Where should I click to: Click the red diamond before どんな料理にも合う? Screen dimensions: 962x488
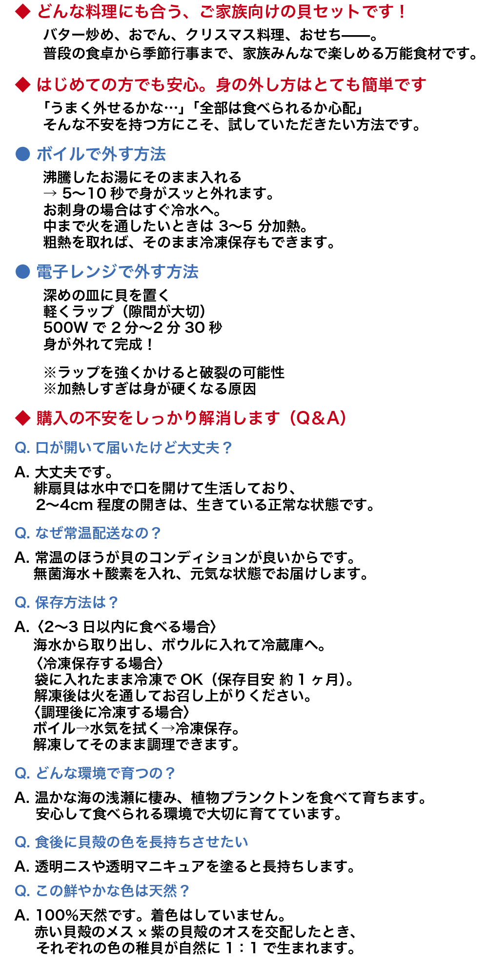click(x=23, y=12)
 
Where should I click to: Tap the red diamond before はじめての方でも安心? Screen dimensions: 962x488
click(x=23, y=85)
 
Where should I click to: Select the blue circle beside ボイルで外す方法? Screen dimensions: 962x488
click(x=23, y=154)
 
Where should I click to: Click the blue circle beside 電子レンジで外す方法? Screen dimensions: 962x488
click(x=23, y=271)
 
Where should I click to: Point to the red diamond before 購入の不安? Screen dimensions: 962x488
click(x=23, y=418)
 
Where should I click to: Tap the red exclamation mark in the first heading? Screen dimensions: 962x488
click(x=402, y=12)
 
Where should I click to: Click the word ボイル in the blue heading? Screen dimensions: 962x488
click(x=61, y=154)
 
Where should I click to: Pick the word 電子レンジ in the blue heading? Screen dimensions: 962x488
click(x=77, y=271)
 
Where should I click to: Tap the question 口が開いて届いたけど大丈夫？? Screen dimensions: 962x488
click(x=133, y=448)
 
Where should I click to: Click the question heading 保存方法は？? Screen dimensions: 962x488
click(x=77, y=602)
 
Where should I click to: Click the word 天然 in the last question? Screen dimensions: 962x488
click(x=163, y=891)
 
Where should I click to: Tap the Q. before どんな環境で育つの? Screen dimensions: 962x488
click(x=22, y=773)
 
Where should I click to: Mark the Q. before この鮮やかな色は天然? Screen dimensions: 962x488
click(x=22, y=891)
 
